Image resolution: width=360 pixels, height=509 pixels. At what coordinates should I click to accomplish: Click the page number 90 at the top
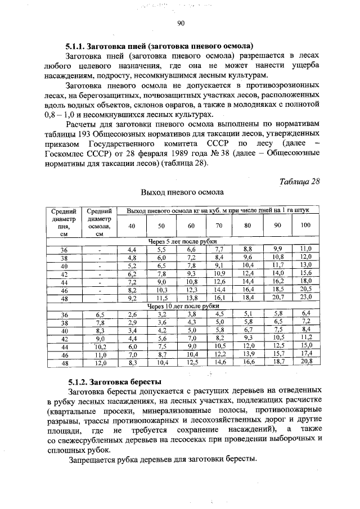[181, 23]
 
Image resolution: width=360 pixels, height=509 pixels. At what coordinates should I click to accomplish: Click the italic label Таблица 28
[299, 181]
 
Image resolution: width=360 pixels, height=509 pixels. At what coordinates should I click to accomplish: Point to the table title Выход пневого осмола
[182, 192]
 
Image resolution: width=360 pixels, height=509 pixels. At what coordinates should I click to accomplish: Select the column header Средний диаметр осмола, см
[99, 222]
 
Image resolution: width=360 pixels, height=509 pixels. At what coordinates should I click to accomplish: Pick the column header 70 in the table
[219, 226]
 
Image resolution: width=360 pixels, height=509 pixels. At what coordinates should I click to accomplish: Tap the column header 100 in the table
[305, 226]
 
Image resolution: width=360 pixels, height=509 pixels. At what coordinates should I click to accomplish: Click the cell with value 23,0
[305, 297]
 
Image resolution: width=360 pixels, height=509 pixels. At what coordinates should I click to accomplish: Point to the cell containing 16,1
[219, 297]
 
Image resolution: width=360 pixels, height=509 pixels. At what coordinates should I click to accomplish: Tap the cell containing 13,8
[191, 297]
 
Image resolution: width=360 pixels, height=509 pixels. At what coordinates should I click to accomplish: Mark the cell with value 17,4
[305, 354]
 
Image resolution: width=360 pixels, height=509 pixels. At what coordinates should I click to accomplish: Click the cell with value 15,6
[305, 273]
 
